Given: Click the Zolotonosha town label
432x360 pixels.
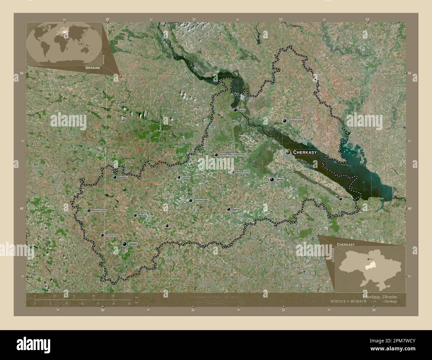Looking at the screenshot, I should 296,121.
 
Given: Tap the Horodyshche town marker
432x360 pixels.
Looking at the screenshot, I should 233,172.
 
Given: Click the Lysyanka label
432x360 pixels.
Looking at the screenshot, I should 186,177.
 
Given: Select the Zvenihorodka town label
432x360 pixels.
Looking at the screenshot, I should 201,201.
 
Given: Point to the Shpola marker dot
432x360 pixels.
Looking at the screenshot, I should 229,209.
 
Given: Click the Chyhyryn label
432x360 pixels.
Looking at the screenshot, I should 333,199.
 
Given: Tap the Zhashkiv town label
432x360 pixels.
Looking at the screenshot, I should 123,177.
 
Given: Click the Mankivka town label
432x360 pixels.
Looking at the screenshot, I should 142,216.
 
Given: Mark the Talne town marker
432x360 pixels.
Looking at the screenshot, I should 167,226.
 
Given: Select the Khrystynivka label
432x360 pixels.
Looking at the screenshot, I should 112,235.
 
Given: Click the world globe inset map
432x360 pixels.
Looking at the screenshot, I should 64,44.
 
